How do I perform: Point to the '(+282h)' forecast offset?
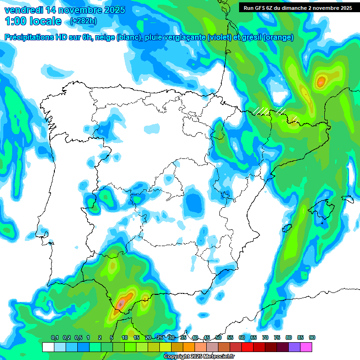pos(82,21)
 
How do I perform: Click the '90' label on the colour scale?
pos(312,338)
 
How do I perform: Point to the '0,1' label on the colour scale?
pos(55,338)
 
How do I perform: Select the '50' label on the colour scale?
pos(218,338)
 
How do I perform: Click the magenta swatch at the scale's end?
pos(306,347)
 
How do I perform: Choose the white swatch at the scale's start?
pos(48,347)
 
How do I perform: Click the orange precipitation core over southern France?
pos(321,82)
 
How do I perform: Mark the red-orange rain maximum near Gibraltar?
pos(121,303)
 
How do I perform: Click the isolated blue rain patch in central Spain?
pos(194,204)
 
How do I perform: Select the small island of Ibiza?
pos(286,229)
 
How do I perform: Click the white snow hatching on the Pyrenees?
pos(270,111)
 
